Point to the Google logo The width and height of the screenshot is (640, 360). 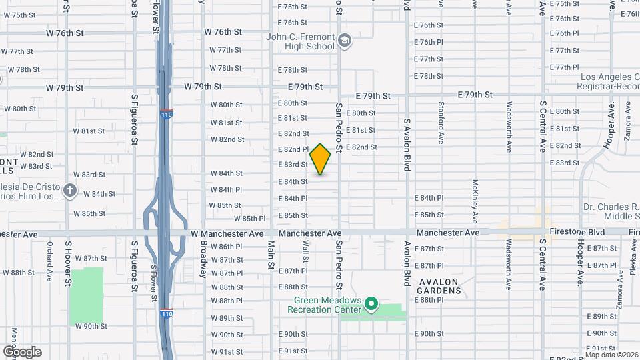click(x=22, y=351)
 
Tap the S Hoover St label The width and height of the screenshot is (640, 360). click(x=68, y=264)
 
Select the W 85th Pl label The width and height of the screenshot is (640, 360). click(x=250, y=219)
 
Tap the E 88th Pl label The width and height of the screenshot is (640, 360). click(x=429, y=300)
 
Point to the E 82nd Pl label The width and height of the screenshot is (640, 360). click(x=293, y=149)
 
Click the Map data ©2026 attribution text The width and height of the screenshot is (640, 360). click(x=611, y=355)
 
